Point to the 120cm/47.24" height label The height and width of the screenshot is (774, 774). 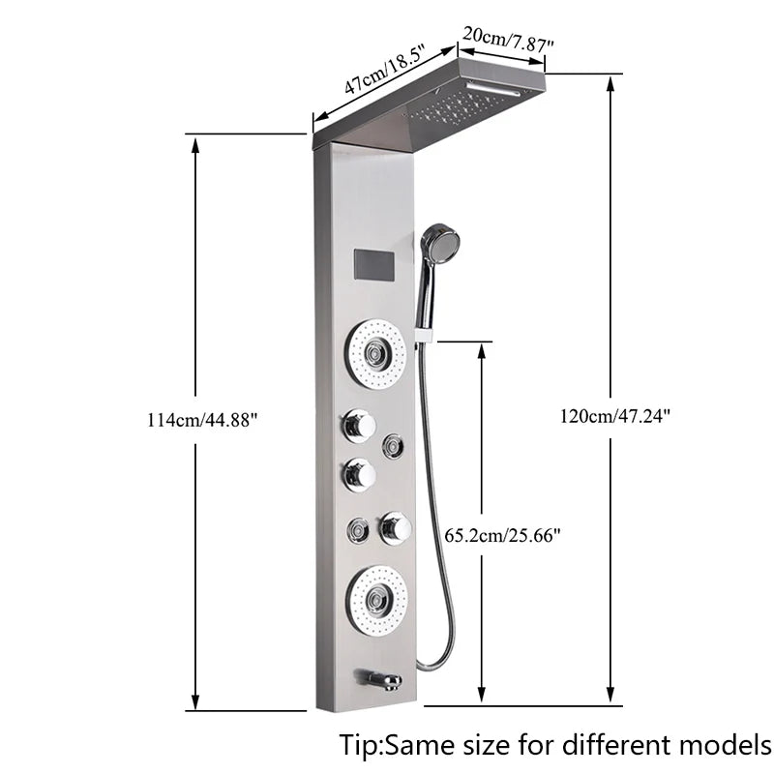(x=614, y=416)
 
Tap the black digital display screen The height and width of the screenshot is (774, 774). (x=374, y=264)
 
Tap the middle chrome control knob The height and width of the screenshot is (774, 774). (x=357, y=474)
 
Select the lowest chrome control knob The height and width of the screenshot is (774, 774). (x=395, y=527)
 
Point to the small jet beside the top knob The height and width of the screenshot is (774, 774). (x=393, y=444)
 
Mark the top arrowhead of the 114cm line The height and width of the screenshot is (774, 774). (x=196, y=144)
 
